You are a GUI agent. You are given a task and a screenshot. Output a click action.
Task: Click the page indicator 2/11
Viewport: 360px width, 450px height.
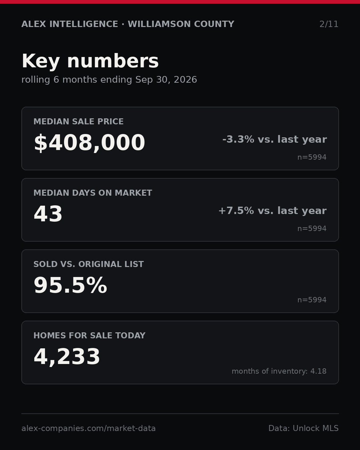pos(329,24)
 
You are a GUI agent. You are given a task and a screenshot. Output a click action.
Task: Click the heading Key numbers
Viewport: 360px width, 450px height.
pos(90,61)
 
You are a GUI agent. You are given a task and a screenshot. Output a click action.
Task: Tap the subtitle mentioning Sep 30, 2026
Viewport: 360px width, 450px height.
pos(109,80)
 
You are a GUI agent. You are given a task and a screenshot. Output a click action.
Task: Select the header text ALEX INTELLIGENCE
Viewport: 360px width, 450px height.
pos(70,24)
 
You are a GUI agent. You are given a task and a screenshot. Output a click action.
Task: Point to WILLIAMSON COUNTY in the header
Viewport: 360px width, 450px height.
pos(181,24)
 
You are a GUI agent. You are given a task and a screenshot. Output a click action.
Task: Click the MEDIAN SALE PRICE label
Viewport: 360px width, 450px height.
pos(78,121)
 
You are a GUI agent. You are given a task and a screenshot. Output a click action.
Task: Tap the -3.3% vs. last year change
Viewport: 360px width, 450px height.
pos(274,139)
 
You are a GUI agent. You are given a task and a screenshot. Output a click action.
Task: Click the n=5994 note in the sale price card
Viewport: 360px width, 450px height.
pos(312,157)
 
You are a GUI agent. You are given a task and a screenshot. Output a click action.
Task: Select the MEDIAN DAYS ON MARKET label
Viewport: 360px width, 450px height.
pos(93,193)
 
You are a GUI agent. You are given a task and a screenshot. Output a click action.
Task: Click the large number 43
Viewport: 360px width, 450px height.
pos(48,214)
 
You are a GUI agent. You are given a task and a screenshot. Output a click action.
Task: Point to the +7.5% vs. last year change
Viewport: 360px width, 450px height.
pos(273,211)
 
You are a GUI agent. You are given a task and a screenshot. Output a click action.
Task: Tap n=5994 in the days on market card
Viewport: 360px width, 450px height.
pos(312,228)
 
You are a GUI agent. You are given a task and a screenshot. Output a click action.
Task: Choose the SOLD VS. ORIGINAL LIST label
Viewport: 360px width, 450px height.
pos(88,264)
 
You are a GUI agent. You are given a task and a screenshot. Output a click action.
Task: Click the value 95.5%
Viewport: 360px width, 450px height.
pos(70,285)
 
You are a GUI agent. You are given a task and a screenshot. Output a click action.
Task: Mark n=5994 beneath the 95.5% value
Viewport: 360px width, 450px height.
pos(312,300)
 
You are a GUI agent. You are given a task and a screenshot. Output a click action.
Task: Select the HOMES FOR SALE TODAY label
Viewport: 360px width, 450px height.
pos(89,335)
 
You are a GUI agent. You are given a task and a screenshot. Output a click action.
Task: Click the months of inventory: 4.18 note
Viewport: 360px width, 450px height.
pos(279,371)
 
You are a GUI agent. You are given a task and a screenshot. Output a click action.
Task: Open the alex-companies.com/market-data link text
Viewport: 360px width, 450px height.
pos(88,428)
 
